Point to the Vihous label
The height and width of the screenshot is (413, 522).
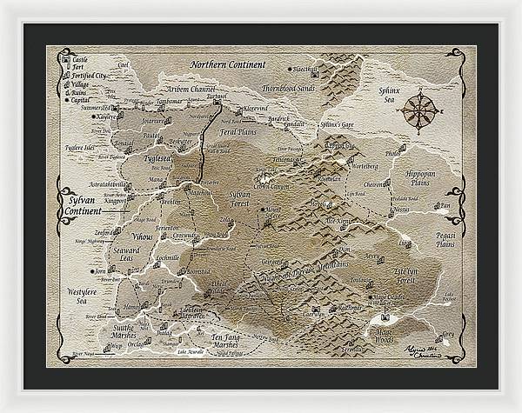[x=142, y=236]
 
